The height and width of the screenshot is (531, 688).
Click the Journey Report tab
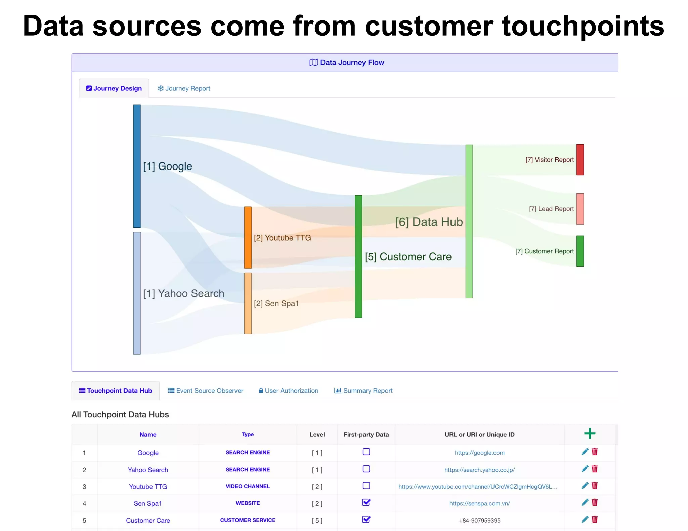pyautogui.click(x=184, y=88)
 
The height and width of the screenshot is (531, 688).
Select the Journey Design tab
pyautogui.click(x=114, y=88)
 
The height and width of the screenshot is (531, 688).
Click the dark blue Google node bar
pyautogui.click(x=137, y=166)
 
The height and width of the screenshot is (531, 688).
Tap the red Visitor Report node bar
pyautogui.click(x=580, y=160)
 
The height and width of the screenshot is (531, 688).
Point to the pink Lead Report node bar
pyautogui.click(x=580, y=209)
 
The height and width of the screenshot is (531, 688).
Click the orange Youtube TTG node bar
pyautogui.click(x=248, y=238)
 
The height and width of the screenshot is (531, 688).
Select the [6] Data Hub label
pyautogui.click(x=429, y=222)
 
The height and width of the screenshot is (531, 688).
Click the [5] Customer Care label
pyautogui.click(x=408, y=257)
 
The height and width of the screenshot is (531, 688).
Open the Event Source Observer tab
pyautogui.click(x=206, y=391)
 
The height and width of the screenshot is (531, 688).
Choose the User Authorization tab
pyautogui.click(x=289, y=391)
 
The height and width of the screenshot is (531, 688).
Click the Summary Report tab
pyautogui.click(x=363, y=391)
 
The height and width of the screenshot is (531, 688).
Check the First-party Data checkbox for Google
pyautogui.click(x=366, y=452)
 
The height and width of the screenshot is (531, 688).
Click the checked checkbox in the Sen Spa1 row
pyautogui.click(x=366, y=502)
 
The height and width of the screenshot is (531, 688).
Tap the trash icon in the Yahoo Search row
pyautogui.click(x=595, y=469)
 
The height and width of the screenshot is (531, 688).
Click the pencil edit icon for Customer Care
pyautogui.click(x=585, y=519)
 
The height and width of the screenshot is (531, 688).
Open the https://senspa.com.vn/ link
pyautogui.click(x=479, y=503)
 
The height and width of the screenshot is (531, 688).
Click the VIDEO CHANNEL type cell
pyautogui.click(x=248, y=486)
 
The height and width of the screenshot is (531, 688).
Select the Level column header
pyautogui.click(x=317, y=435)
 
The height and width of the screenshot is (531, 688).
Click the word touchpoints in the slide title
pyautogui.click(x=583, y=26)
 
